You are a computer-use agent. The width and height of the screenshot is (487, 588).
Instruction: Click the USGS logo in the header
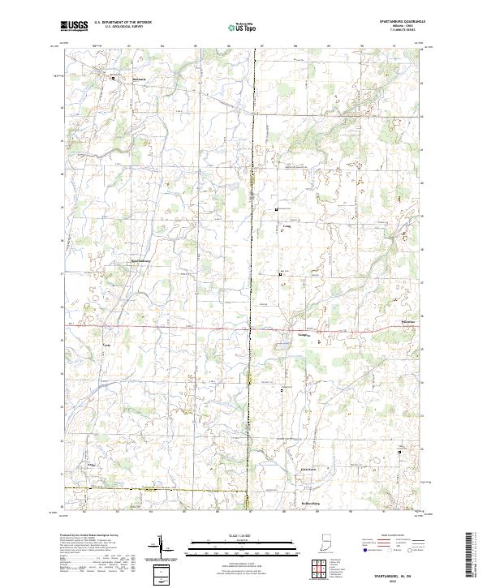75,26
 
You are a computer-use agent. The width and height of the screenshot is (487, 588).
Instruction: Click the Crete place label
106,346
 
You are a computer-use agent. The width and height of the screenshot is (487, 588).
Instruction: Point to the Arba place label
91,465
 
